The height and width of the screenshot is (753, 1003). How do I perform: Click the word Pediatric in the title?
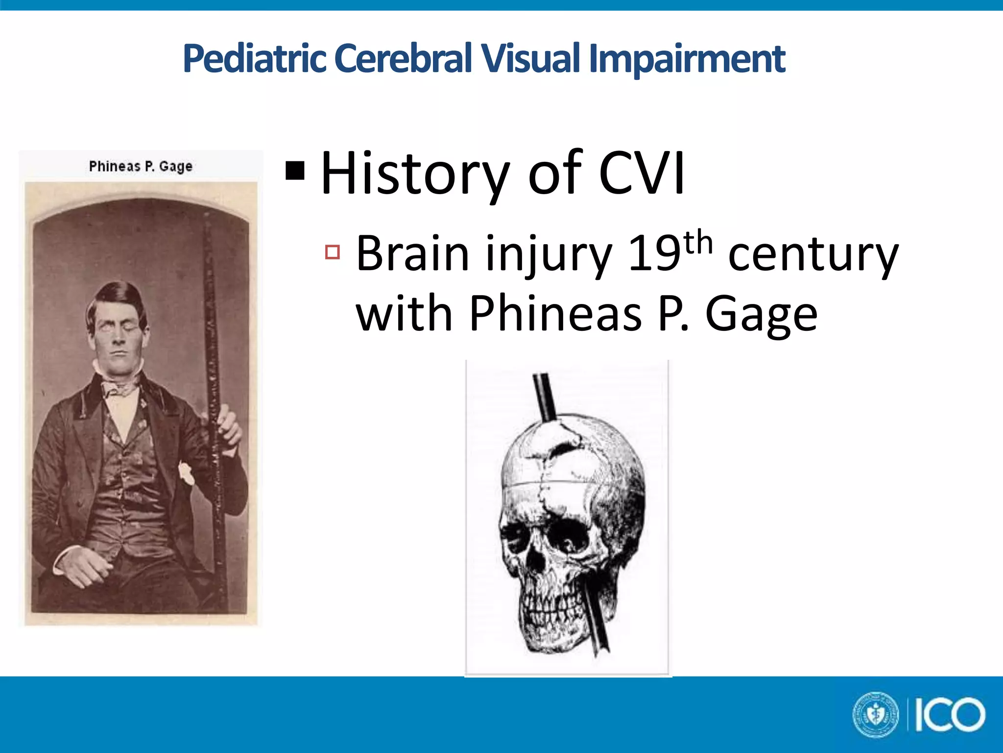pyautogui.click(x=254, y=59)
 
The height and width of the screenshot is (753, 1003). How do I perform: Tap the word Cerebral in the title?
pyautogui.click(x=403, y=59)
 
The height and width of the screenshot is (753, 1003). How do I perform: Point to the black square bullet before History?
pyautogui.click(x=295, y=171)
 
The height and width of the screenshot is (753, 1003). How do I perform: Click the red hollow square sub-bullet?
pyautogui.click(x=333, y=252)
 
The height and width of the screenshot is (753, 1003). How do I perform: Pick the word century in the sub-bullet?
pyautogui.click(x=813, y=255)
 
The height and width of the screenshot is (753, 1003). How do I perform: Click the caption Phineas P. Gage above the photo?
pyautogui.click(x=141, y=167)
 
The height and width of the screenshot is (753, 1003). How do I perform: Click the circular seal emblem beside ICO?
pyautogui.click(x=876, y=714)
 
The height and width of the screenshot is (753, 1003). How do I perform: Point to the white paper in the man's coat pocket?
pyautogui.click(x=186, y=474)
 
